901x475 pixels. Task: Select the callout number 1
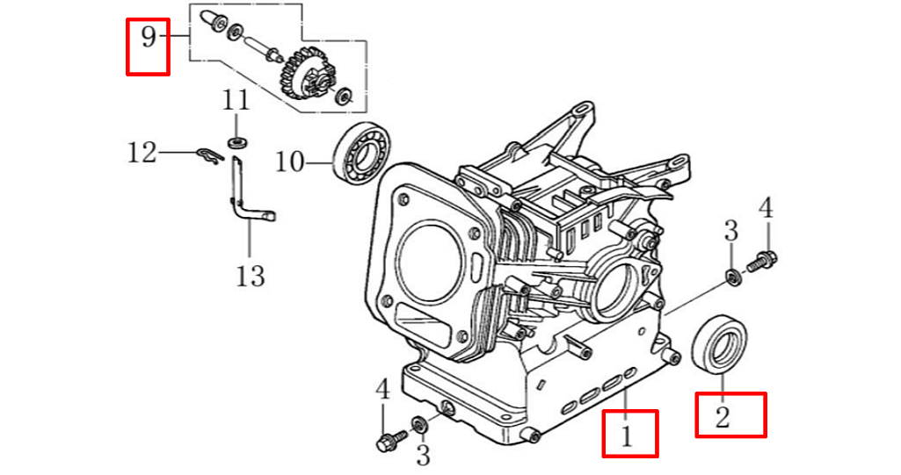coord(627,434)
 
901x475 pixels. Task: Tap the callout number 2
coord(723,416)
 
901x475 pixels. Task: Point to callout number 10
coord(289,162)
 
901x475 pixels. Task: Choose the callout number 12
coord(142,153)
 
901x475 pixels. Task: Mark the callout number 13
coord(251,277)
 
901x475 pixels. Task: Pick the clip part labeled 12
coord(207,156)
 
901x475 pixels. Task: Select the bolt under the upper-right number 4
coord(760,261)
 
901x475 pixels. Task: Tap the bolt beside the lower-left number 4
coord(389,442)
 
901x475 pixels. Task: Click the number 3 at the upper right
coord(730,232)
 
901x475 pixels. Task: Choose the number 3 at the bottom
coord(423,455)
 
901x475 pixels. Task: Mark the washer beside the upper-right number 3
coord(731,278)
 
